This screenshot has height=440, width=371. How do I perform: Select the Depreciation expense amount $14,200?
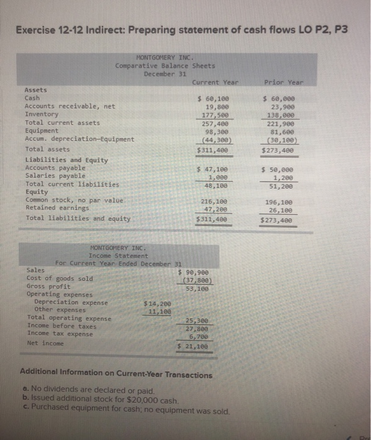157,302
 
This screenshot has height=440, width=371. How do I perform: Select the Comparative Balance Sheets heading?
165,66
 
